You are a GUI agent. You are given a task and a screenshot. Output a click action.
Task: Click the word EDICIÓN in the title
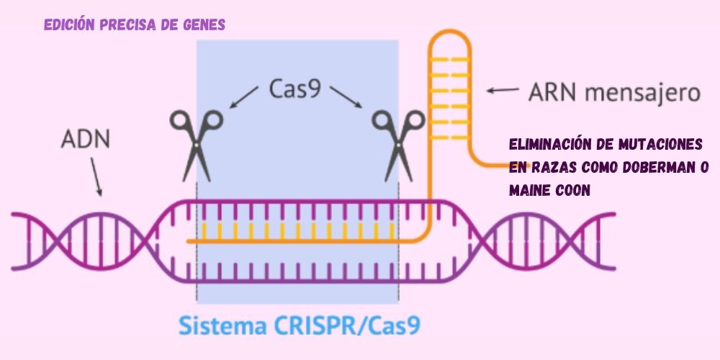click(x=71, y=24)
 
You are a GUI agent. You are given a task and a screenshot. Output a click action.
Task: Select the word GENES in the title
click(x=204, y=24)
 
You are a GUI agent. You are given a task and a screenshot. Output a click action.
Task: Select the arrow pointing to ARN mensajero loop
click(x=502, y=90)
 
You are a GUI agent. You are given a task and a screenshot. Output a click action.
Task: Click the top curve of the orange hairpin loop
click(x=449, y=34)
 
